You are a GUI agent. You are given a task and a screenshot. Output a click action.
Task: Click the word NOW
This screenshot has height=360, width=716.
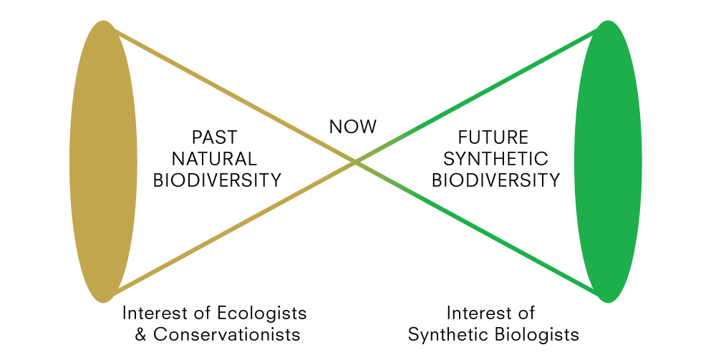[x=353, y=127]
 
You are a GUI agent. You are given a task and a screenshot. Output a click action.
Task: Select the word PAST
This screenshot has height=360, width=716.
[x=215, y=137]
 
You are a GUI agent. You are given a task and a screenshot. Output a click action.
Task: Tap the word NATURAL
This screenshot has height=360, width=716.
[x=214, y=159]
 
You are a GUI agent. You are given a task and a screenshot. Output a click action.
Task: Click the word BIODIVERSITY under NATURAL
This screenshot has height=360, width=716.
[x=218, y=180]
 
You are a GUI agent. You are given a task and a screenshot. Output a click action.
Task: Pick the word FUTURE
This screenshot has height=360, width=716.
[x=493, y=137]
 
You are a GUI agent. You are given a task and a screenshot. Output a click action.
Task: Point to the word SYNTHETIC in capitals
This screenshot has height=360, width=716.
[x=495, y=159]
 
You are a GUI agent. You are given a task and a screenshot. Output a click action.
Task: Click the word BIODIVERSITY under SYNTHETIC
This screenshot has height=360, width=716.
[x=496, y=180]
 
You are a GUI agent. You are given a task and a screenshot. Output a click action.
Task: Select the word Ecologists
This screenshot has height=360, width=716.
[x=261, y=314]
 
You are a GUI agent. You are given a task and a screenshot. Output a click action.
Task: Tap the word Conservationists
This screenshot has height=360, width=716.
[x=227, y=334]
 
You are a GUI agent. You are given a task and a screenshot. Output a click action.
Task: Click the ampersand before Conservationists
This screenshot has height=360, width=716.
[x=141, y=334]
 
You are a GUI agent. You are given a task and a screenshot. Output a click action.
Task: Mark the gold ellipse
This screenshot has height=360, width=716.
[x=104, y=162]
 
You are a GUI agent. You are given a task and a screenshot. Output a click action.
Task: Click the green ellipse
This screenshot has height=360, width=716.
[x=608, y=162]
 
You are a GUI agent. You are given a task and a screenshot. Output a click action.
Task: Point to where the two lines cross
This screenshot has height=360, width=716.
[x=355, y=162]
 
